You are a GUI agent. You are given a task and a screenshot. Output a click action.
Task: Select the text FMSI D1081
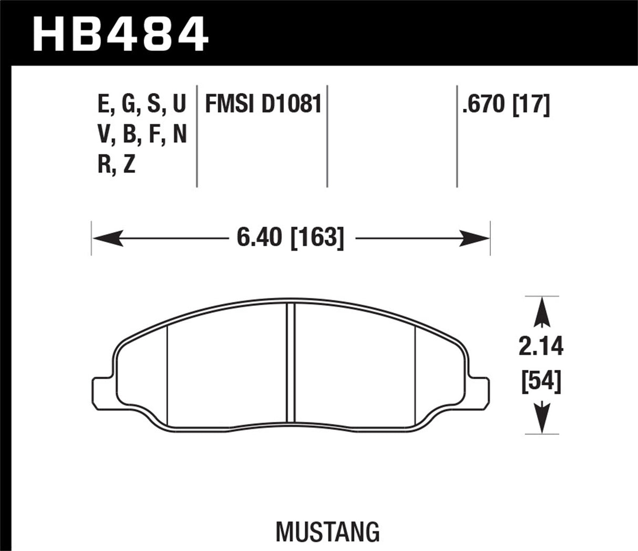(263, 104)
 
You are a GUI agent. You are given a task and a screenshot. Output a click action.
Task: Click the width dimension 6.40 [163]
(290, 238)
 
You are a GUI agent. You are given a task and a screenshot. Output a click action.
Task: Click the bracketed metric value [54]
(541, 382)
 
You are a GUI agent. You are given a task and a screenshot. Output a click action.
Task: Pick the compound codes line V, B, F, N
(142, 134)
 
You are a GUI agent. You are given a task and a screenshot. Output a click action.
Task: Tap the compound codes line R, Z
(117, 165)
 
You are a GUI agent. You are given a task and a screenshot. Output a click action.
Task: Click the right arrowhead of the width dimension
(476, 238)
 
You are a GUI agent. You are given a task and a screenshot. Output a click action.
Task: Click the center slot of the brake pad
(291, 363)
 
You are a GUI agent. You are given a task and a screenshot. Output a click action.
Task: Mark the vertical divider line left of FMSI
(197, 135)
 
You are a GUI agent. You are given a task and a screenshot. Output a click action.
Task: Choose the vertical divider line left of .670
(457, 135)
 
